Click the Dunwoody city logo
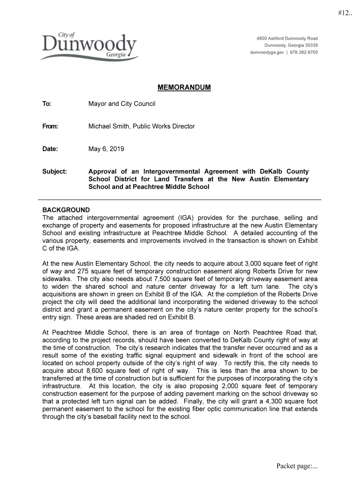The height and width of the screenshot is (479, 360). pyautogui.click(x=88, y=47)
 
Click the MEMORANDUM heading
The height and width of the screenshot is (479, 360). pyautogui.click(x=184, y=88)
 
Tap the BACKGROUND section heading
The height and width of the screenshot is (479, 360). pyautogui.click(x=66, y=210)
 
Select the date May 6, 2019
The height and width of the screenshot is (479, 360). pyautogui.click(x=106, y=149)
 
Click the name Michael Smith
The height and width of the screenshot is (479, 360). pyautogui.click(x=108, y=126)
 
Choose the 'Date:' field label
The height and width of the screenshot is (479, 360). pyautogui.click(x=50, y=149)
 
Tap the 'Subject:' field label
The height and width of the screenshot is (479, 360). pyautogui.click(x=55, y=172)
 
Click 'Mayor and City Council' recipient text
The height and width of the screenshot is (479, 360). pyautogui.click(x=122, y=104)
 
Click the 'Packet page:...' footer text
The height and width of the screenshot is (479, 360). pyautogui.click(x=297, y=465)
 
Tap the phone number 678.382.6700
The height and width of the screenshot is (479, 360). pyautogui.click(x=303, y=52)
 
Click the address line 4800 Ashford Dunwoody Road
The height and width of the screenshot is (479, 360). pyautogui.click(x=287, y=38)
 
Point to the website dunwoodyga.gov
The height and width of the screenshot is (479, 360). pyautogui.click(x=267, y=52)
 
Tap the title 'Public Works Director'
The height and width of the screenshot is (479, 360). pyautogui.click(x=164, y=126)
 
